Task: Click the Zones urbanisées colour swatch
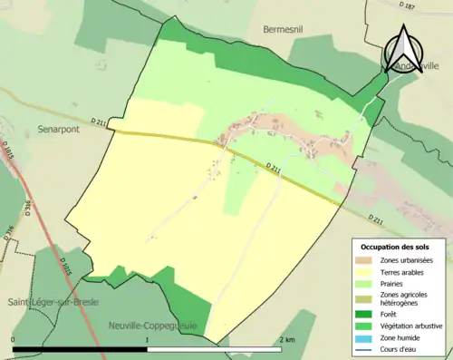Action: (366, 260)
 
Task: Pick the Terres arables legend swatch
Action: (366, 272)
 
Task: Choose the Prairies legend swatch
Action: (366, 284)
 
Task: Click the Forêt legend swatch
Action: (366, 313)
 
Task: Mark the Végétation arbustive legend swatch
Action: (366, 325)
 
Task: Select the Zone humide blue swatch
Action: (366, 336)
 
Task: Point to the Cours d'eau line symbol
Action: (366, 348)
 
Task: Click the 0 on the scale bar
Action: (14, 339)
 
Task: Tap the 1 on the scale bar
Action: (148, 339)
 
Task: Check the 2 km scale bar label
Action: (286, 339)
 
